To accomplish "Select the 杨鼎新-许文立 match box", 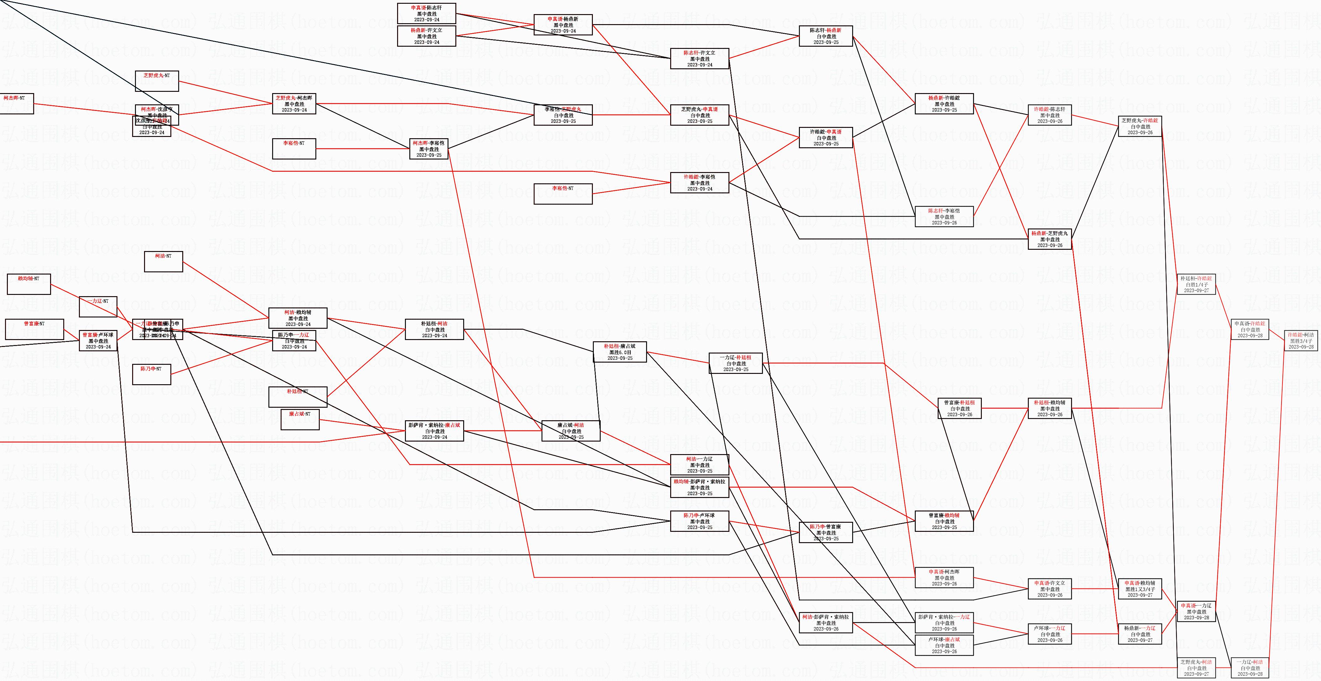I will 426,36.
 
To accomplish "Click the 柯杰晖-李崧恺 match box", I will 429,149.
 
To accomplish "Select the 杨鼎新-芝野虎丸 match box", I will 1050,239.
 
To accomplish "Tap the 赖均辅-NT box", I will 29,284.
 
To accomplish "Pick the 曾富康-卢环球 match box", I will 98,341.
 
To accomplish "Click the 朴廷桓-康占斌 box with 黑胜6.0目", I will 619,352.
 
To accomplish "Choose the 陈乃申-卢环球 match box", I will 699,521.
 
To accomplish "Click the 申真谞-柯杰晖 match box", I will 944,577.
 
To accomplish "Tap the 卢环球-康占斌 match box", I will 944,645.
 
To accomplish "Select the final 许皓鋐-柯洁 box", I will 1301,341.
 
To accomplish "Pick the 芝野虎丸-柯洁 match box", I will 1196,668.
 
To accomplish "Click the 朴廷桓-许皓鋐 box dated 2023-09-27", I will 1196,284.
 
